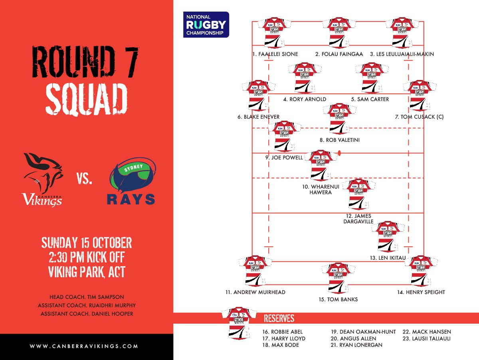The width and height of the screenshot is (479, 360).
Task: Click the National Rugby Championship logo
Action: (206, 24)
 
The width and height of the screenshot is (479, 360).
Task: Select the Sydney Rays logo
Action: (131, 182)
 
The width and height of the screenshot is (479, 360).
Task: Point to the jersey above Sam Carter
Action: (372, 77)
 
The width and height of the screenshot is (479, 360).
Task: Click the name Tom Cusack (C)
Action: (419, 117)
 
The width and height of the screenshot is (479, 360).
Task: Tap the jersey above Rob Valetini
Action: (339, 119)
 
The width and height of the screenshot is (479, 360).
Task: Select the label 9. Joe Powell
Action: (284, 157)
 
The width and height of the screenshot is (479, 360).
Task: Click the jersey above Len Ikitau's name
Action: (388, 236)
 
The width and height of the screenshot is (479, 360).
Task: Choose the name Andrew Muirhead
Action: (255, 292)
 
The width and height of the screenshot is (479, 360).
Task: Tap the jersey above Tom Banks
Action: (338, 278)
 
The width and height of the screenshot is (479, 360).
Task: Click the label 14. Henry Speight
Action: (421, 292)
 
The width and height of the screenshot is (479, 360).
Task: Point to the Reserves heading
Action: (279, 318)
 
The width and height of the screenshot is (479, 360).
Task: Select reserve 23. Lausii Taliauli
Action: (427, 338)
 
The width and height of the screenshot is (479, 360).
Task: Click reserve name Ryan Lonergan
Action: (356, 345)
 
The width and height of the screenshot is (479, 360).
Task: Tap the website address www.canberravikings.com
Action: (84, 346)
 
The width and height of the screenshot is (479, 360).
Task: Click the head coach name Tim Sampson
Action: (87, 297)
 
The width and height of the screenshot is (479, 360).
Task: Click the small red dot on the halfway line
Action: (339, 153)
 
